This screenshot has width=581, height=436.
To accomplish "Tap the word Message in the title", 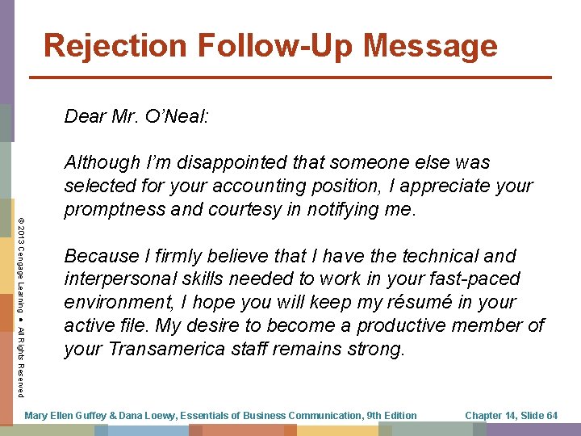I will tap(430, 45).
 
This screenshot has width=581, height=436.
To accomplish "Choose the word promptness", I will tap(114, 209).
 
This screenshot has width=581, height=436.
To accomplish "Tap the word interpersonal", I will tap(125, 279).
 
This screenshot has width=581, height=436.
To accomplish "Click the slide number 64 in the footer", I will tap(551, 416).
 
